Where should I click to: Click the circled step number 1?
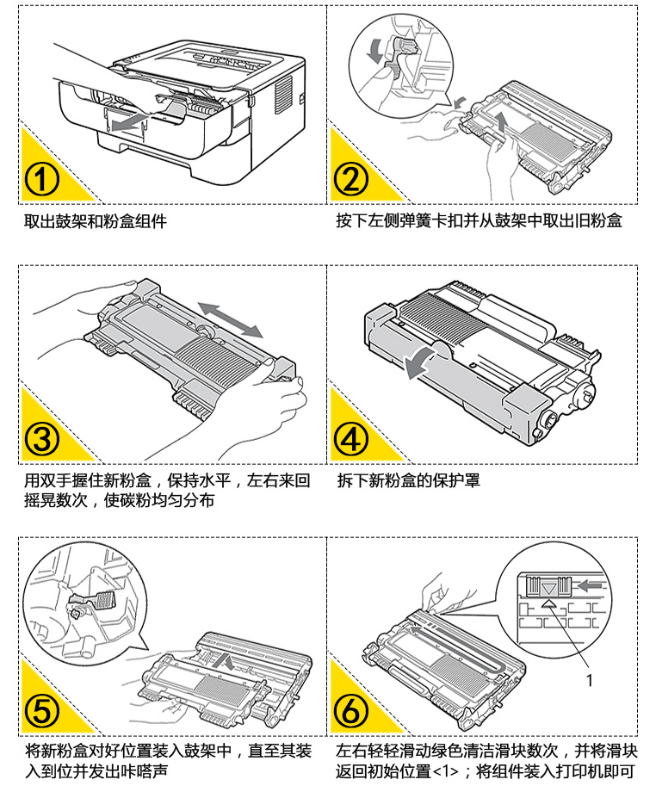click(40, 180)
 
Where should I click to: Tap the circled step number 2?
click(350, 180)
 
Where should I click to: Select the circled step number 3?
click(40, 440)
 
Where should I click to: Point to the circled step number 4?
click(350, 440)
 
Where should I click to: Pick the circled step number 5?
click(40, 710)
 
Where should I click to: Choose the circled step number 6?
click(350, 710)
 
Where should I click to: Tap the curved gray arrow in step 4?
click(422, 362)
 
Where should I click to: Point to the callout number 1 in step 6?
click(590, 680)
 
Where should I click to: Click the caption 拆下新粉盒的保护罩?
click(409, 481)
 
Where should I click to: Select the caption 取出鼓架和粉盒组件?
click(95, 221)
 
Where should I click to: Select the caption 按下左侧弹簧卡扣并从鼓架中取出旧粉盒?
click(479, 221)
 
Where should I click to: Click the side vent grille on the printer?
click(281, 90)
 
